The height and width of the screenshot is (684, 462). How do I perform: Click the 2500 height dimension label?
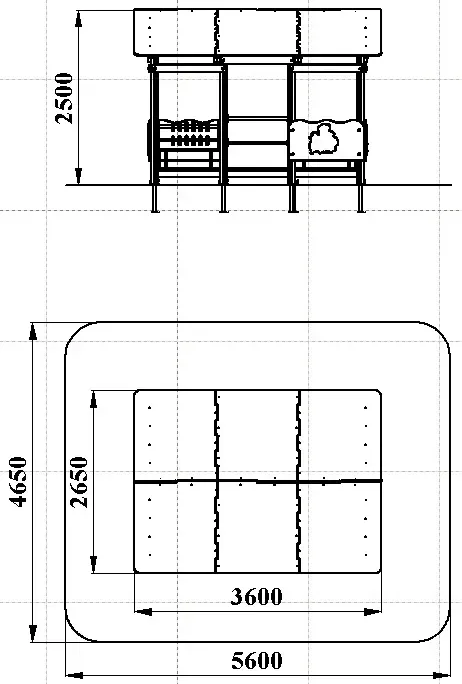click(64, 98)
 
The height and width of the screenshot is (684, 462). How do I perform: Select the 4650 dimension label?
click(18, 481)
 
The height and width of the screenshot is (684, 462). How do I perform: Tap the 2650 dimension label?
click(79, 482)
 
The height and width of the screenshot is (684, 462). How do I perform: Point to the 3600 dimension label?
click(256, 597)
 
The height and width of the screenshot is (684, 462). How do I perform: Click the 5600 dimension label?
click(257, 661)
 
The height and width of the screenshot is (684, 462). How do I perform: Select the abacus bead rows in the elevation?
click(190, 133)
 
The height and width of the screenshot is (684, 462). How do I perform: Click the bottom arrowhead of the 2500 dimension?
click(79, 176)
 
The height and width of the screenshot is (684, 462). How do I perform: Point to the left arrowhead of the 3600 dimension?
click(143, 612)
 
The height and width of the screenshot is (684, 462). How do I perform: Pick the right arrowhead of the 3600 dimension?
click(372, 612)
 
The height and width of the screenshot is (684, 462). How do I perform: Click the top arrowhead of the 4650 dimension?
click(33, 332)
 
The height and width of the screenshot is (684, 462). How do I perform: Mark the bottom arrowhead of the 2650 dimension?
click(93, 564)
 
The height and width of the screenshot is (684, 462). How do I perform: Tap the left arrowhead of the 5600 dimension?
click(74, 674)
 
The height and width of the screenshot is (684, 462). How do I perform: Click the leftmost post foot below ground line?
click(155, 199)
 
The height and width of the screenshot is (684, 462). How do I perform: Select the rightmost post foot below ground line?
click(361, 199)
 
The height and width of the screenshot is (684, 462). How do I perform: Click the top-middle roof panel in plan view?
click(258, 435)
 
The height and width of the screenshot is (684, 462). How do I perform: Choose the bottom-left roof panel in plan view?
click(175, 527)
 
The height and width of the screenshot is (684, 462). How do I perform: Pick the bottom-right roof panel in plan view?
click(341, 527)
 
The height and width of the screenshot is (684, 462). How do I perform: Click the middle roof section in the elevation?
click(258, 32)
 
